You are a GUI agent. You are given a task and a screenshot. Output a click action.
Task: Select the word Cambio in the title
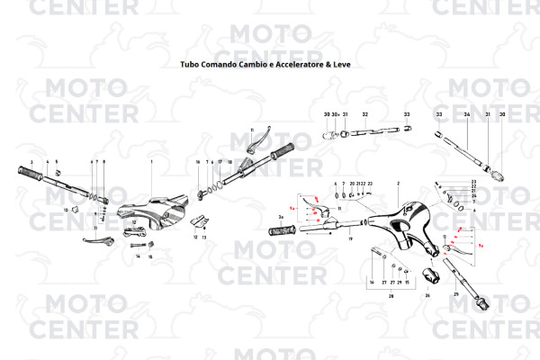pyautogui.click(x=246, y=66)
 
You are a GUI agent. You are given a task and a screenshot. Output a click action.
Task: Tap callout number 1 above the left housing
pyautogui.click(x=151, y=162)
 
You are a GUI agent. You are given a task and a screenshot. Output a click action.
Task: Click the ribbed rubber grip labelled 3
pyautogui.click(x=34, y=174)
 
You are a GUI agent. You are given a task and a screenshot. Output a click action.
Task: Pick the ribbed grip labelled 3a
pyautogui.click(x=286, y=230)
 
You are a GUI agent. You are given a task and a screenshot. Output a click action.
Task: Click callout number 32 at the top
pyautogui.click(x=364, y=115)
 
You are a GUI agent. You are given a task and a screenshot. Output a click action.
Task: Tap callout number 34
pyautogui.click(x=467, y=115)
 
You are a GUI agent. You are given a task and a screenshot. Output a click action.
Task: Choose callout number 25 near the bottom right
pyautogui.click(x=457, y=294)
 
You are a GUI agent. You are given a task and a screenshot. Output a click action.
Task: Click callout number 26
pyautogui.click(x=427, y=294)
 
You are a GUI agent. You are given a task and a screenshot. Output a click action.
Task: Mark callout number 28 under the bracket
pyautogui.click(x=391, y=294)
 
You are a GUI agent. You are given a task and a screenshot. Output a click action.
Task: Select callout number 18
pyautogui.click(x=229, y=162)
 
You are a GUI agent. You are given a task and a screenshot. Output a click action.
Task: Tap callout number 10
pyautogui.click(x=66, y=210)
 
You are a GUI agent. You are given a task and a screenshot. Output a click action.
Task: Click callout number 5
pyautogui.click(x=56, y=162)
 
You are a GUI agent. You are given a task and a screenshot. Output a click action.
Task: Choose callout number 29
pyautogui.click(x=399, y=282)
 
